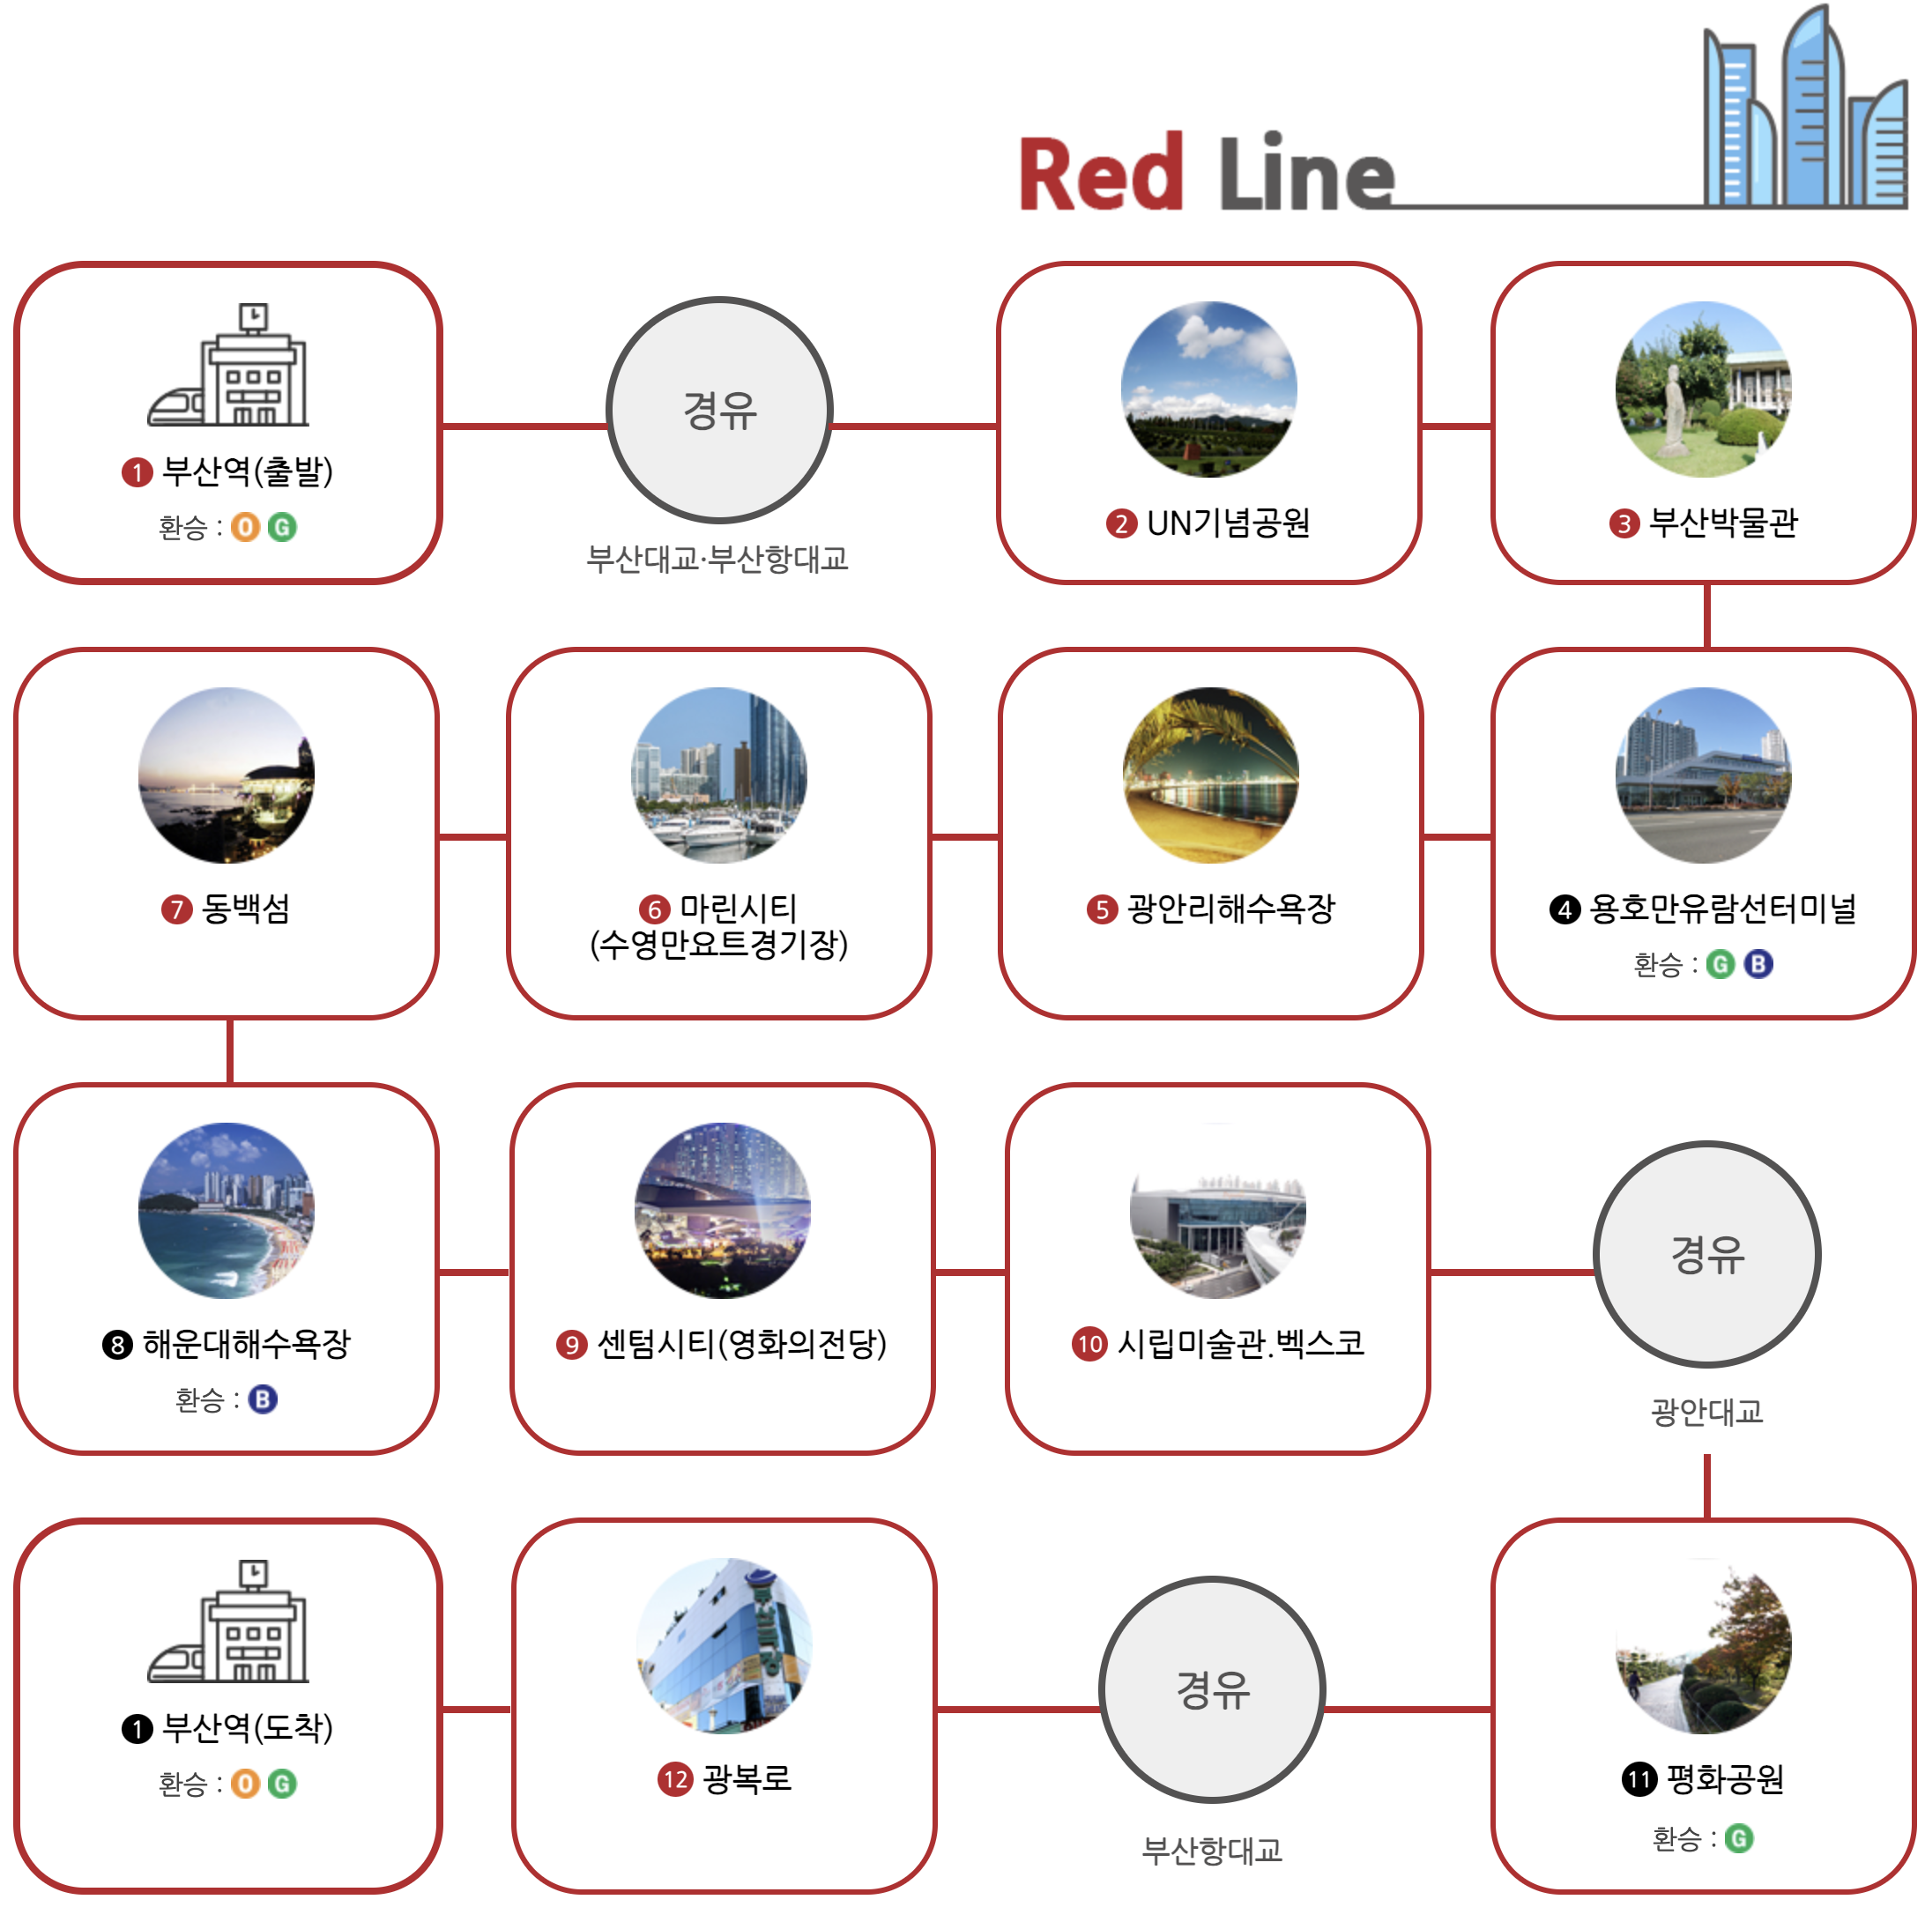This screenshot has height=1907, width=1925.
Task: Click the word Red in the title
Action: [x=1100, y=175]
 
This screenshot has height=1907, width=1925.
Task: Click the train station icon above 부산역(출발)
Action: [x=229, y=365]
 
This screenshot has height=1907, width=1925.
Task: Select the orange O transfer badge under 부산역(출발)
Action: [x=245, y=527]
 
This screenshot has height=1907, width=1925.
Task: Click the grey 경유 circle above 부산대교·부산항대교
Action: [x=718, y=410]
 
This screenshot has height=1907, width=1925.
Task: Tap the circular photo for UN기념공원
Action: [x=1208, y=389]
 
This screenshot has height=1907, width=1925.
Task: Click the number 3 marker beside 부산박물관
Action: [x=1623, y=523]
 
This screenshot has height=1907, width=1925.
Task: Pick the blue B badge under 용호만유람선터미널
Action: [x=1758, y=963]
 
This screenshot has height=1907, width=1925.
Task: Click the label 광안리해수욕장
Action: [x=1230, y=909]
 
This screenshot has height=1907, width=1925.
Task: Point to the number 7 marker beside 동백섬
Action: [x=176, y=909]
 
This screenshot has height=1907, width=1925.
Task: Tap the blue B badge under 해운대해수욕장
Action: [x=263, y=1399]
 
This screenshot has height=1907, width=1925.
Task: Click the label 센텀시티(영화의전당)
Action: [x=740, y=1344]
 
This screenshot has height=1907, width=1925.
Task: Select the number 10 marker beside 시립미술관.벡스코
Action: [x=1089, y=1344]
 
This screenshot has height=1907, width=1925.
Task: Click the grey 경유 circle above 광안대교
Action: [x=1706, y=1253]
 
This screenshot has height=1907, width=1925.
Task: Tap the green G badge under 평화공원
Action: [x=1739, y=1838]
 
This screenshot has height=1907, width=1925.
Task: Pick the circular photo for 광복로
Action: [x=724, y=1645]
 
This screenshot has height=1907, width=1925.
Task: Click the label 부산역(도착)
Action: [x=246, y=1727]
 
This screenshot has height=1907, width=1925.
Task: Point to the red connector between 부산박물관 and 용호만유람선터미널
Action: [x=1706, y=616]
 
